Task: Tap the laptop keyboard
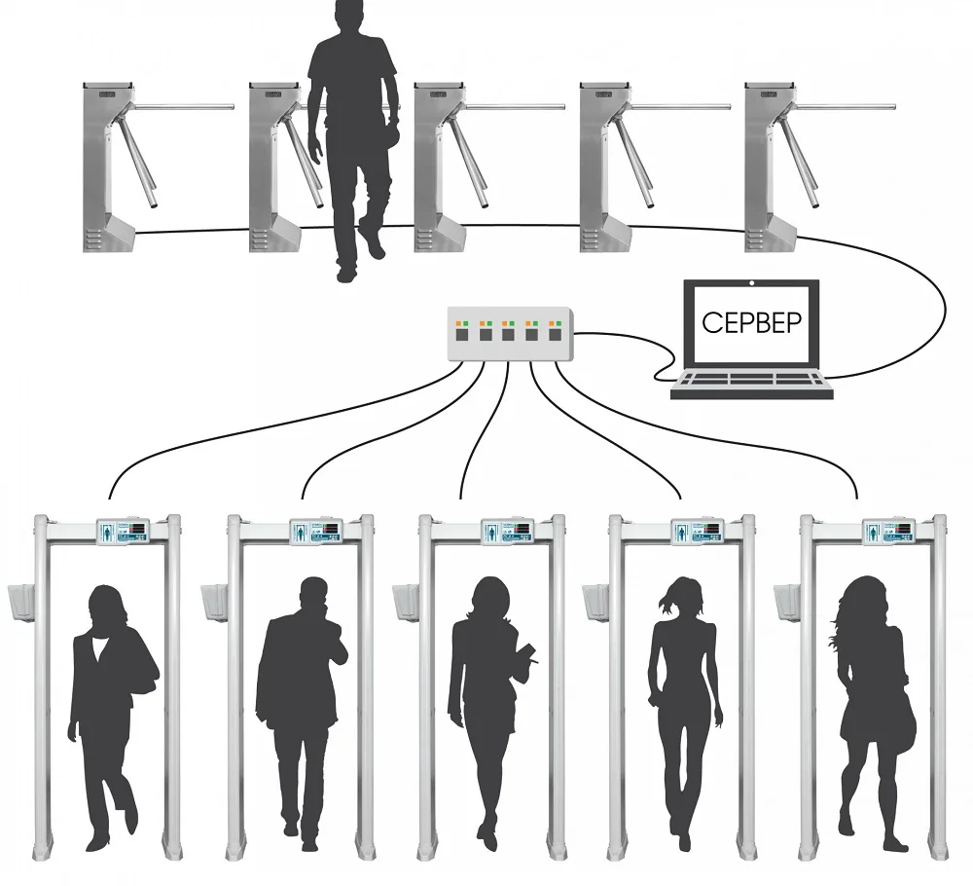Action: pos(752,381)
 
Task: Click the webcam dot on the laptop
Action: pos(752,284)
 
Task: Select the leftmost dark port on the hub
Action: pos(461,334)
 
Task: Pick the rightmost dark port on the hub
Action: pos(556,334)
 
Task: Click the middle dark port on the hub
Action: pos(508,334)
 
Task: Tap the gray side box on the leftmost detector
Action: pos(20,604)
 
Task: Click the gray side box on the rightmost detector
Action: pos(785,604)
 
